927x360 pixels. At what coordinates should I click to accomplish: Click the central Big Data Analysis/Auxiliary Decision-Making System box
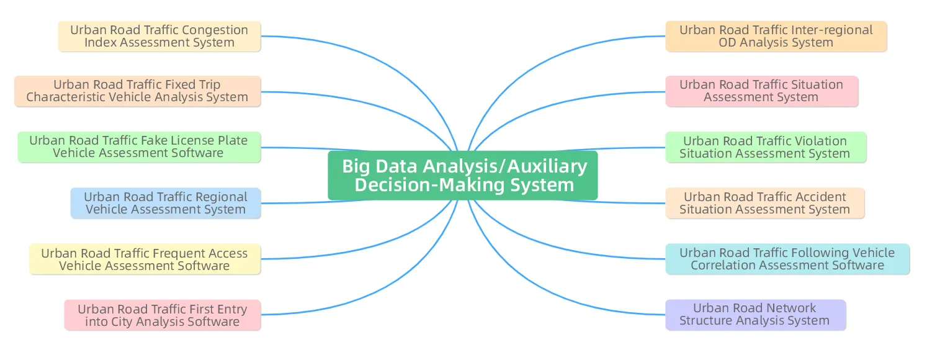(463, 176)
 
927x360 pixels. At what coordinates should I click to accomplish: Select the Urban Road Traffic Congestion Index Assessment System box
(159, 37)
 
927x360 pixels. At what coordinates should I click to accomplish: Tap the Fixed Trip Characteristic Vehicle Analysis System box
(137, 91)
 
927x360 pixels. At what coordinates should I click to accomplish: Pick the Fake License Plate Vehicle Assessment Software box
(139, 147)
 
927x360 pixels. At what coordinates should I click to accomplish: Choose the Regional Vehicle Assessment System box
(166, 203)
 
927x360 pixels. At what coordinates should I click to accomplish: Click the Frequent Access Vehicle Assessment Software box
(145, 259)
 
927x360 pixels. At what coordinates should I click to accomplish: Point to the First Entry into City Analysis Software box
(163, 315)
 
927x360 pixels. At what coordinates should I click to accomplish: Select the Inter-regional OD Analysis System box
(776, 37)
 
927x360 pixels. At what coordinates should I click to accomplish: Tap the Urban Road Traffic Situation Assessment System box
(762, 91)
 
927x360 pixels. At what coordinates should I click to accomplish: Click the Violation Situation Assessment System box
(766, 147)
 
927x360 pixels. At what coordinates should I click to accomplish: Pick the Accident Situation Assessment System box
(765, 203)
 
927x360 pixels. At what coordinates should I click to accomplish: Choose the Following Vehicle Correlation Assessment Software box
(787, 259)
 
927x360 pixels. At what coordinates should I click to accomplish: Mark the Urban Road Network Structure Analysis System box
(756, 315)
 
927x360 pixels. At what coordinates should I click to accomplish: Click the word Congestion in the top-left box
(215, 30)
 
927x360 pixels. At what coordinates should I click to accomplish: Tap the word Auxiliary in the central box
(547, 166)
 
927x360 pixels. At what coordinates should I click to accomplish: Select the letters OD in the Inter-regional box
(727, 43)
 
